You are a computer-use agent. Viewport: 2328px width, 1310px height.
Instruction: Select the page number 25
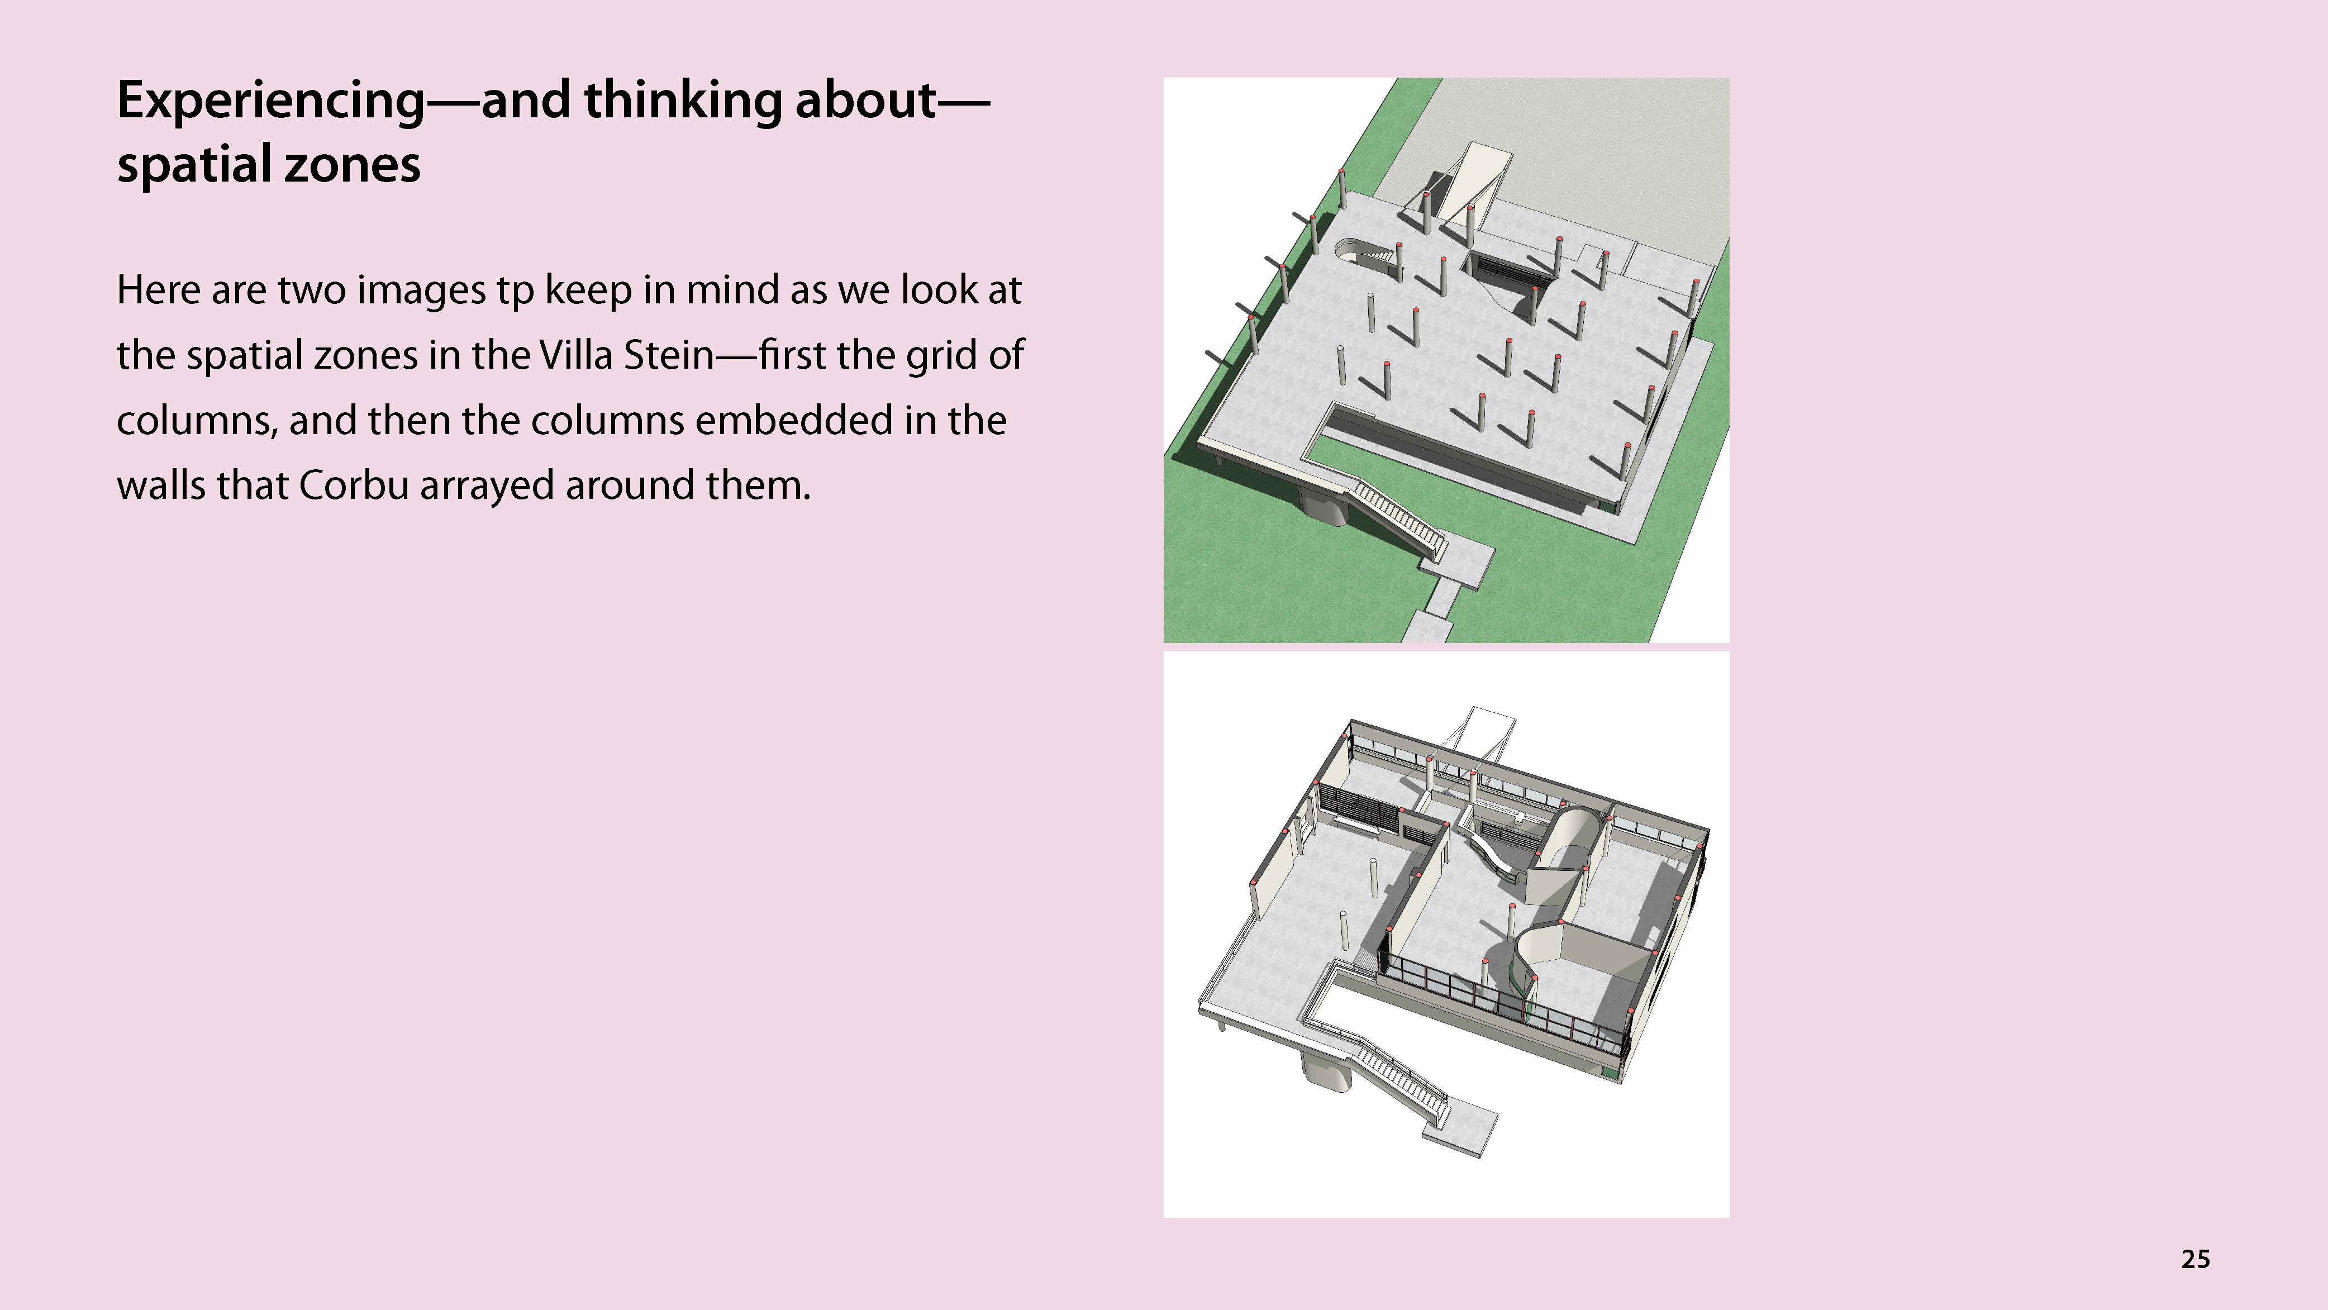[2195, 1259]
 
